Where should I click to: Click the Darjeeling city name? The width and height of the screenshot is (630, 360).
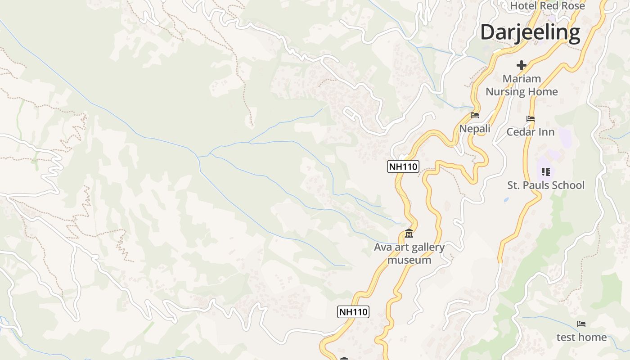click(x=530, y=33)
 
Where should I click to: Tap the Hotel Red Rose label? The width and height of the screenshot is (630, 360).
click(x=547, y=6)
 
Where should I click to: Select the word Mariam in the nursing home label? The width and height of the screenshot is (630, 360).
click(x=522, y=79)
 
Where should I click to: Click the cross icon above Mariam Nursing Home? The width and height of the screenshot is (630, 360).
click(x=522, y=65)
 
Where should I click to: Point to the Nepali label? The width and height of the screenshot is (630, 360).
click(x=474, y=129)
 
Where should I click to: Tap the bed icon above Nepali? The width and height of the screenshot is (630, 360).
click(x=474, y=115)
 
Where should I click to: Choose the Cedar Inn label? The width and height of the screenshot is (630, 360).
click(x=531, y=132)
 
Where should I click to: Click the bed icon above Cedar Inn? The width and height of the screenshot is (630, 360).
click(x=531, y=119)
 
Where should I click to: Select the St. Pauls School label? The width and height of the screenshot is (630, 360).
click(x=546, y=185)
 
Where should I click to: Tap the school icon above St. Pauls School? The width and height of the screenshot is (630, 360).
click(x=546, y=171)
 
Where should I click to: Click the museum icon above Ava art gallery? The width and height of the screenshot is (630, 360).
click(x=409, y=234)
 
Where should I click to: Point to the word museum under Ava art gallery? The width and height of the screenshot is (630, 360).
click(x=409, y=260)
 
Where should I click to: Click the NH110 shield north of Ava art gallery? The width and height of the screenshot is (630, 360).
click(x=403, y=167)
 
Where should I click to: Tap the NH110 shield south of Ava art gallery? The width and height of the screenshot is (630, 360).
click(x=353, y=312)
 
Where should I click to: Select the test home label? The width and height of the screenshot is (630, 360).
click(x=581, y=337)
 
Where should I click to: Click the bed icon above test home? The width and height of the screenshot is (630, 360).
click(x=581, y=324)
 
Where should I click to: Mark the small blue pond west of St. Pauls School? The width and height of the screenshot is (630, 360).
click(x=506, y=199)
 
